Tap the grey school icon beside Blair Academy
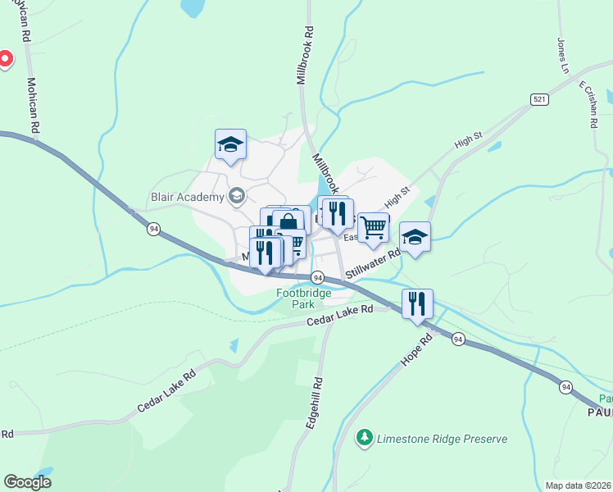[x=237, y=196]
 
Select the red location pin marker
[x=5, y=59]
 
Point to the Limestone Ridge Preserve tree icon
[x=365, y=439]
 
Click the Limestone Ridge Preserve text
[x=442, y=439]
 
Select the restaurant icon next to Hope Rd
[x=417, y=303]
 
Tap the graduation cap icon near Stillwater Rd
[x=415, y=238]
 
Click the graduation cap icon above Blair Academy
[x=230, y=145]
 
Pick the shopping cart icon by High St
[x=373, y=227]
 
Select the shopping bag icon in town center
[x=288, y=222]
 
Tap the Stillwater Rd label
[x=373, y=264]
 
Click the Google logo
[x=28, y=481]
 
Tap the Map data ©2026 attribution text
[x=577, y=485]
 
